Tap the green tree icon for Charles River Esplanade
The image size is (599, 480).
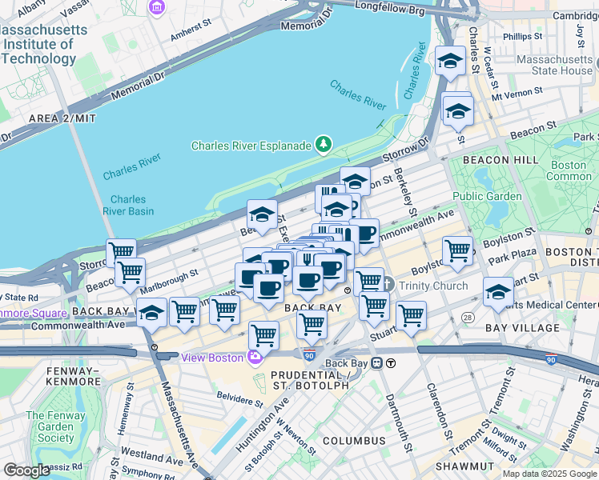(x=323, y=145)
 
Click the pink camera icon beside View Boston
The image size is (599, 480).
(x=255, y=357)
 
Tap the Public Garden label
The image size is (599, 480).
(x=487, y=196)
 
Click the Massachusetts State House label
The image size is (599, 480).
(x=554, y=65)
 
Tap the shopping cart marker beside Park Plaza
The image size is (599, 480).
(x=457, y=250)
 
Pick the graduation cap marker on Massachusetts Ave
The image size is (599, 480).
(x=151, y=314)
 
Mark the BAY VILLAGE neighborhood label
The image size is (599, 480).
(x=523, y=328)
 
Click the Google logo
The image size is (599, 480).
(x=26, y=470)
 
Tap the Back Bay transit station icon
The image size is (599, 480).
(x=390, y=363)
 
